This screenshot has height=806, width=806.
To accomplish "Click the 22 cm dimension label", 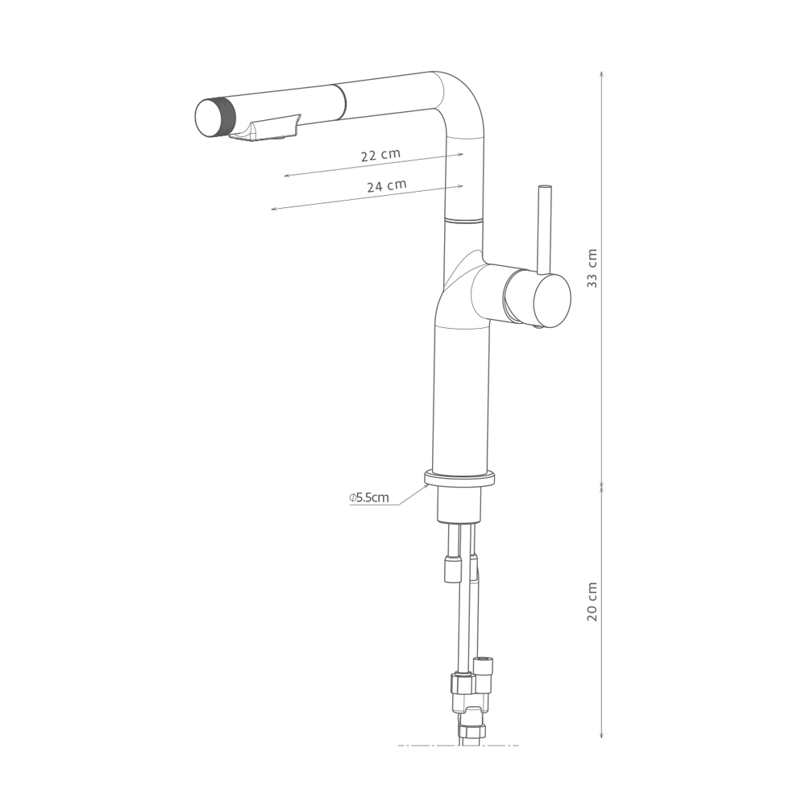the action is [x=380, y=155].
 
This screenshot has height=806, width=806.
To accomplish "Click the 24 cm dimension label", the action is [x=387, y=185].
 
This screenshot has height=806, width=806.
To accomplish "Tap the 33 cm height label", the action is [x=592, y=268].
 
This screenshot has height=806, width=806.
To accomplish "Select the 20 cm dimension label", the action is [x=592, y=601].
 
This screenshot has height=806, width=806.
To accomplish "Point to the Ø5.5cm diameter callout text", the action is [x=369, y=497].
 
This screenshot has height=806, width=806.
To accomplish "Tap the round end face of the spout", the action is [x=208, y=118].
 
